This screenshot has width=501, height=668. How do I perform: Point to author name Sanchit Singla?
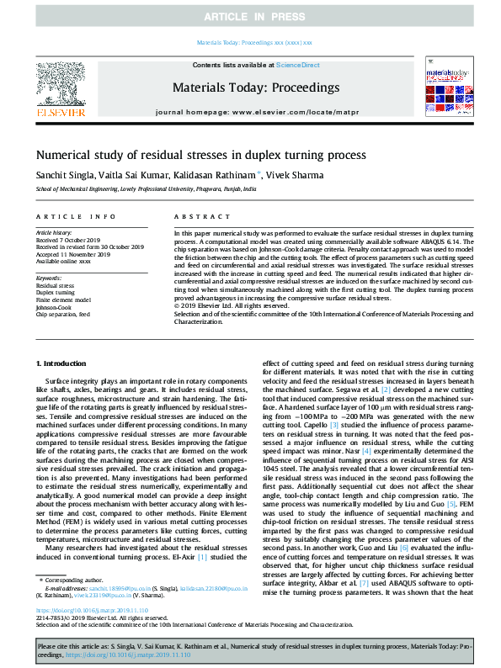click(x=64, y=175)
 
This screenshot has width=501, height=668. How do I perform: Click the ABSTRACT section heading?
click(x=189, y=216)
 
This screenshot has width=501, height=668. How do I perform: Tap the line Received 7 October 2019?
click(x=69, y=239)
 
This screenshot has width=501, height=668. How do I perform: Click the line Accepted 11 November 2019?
click(x=73, y=253)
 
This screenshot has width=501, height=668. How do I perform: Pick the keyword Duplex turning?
click(x=56, y=292)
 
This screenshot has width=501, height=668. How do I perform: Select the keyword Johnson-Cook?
click(x=54, y=307)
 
